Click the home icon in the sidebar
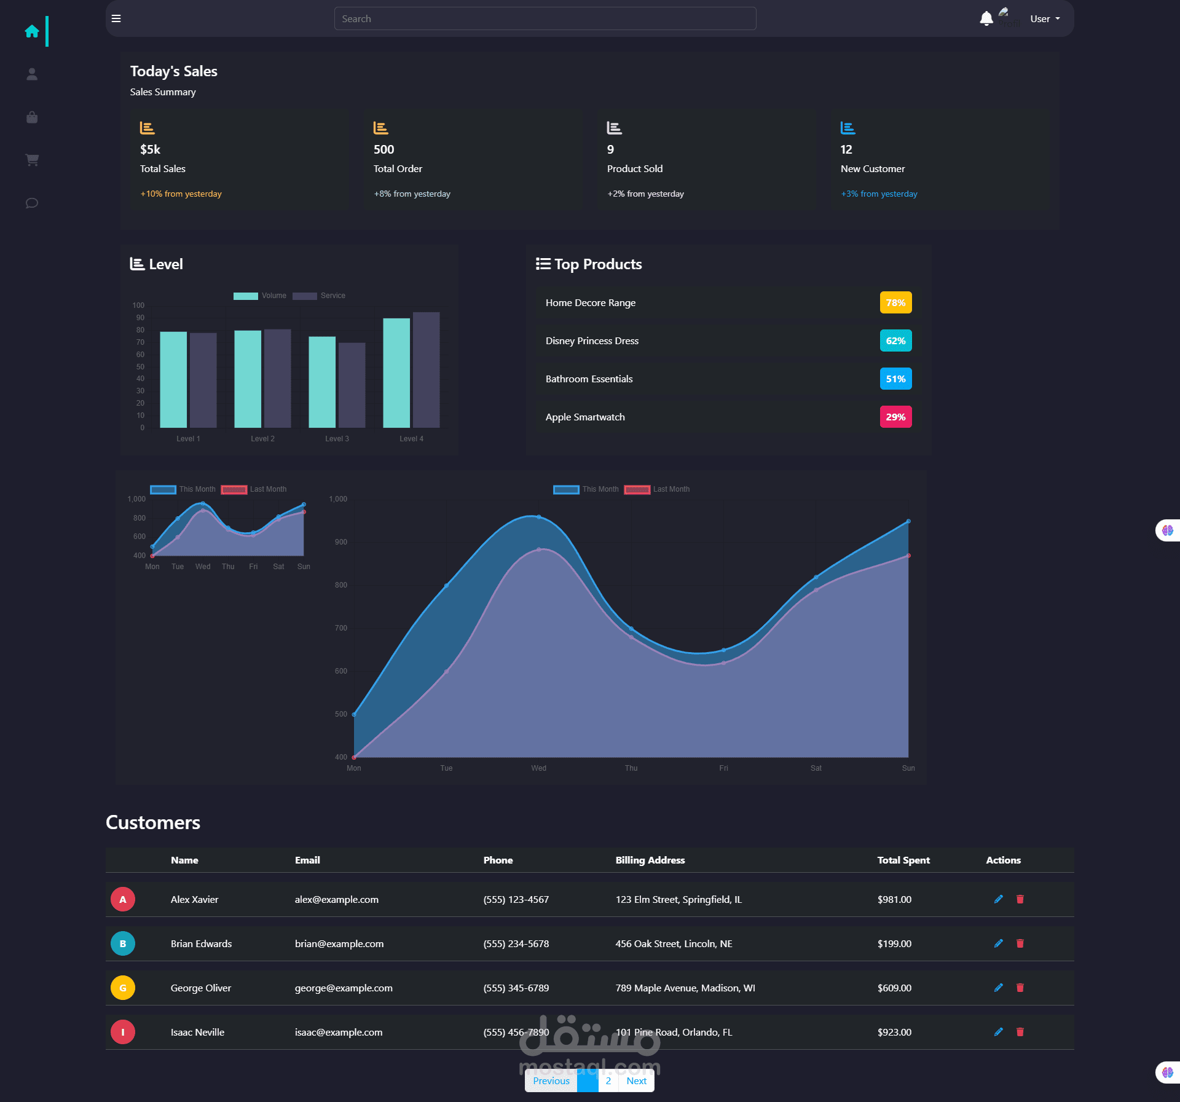32,31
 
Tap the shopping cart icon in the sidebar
32,160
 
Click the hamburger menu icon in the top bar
116,18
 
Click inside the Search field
545,18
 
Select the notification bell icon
986,18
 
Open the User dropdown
1045,18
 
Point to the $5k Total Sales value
150,149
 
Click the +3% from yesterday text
879,194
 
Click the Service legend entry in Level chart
319,296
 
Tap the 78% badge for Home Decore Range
895,302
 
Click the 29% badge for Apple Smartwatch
895,417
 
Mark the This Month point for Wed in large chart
539,517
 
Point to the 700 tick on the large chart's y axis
341,628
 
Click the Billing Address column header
650,860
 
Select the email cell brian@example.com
339,943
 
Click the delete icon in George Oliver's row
1020,988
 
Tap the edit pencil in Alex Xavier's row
999,899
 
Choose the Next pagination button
636,1080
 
